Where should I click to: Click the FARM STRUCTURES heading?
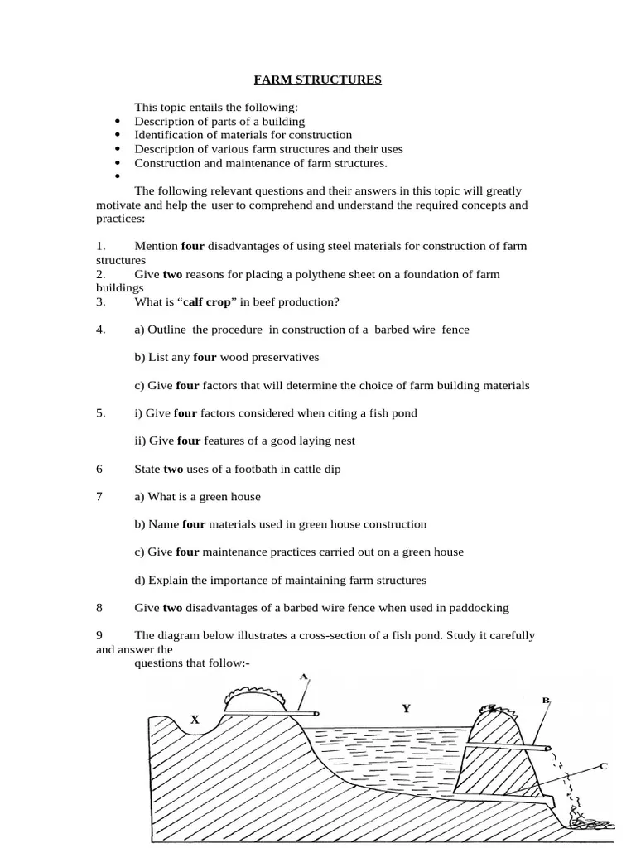click(317, 80)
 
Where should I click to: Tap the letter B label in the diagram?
click(546, 701)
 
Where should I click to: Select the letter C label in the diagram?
click(603, 766)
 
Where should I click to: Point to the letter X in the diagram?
click(195, 720)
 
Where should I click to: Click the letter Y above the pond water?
click(406, 709)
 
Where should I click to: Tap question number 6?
click(99, 469)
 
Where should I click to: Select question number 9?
click(99, 636)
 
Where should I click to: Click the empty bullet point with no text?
click(118, 177)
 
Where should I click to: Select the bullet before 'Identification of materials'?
click(118, 135)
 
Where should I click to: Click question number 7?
click(99, 497)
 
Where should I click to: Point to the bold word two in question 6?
click(173, 469)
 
